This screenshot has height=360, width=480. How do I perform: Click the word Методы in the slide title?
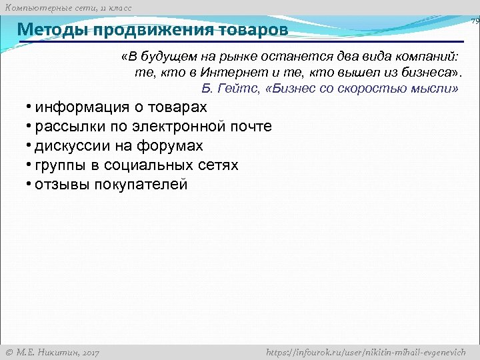coord(53,31)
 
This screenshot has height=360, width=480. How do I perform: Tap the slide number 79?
coord(475,22)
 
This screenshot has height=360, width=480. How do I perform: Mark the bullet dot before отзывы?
coord(29,185)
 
